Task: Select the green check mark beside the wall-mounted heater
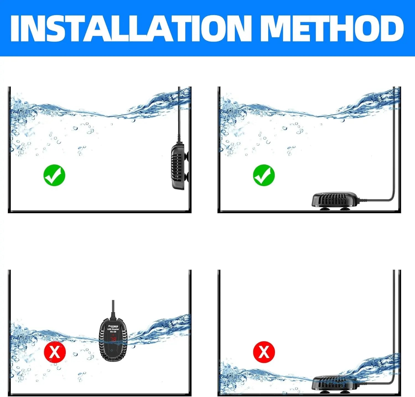coord(54,175)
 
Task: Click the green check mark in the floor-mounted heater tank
coord(264,175)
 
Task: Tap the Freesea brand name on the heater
coord(113,326)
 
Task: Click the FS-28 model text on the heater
coord(113,332)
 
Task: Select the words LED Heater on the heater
coord(113,329)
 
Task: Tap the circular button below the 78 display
coord(111,350)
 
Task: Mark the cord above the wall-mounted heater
coord(179,116)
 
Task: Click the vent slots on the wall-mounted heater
coord(176,166)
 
